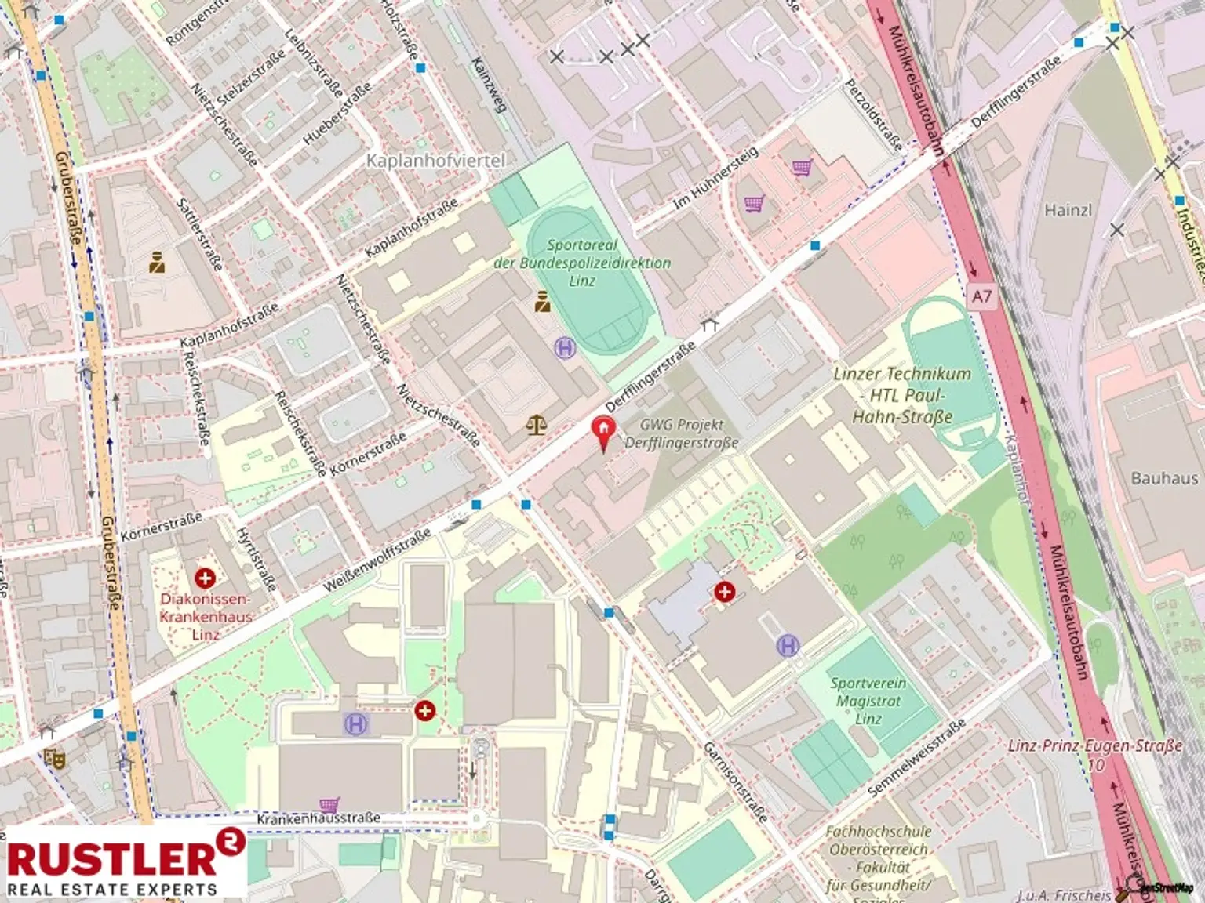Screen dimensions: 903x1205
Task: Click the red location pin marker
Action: point(603,432)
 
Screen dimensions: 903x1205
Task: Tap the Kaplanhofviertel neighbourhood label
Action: point(436,161)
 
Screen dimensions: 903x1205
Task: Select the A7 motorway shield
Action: point(981,296)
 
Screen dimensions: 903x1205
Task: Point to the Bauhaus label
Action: point(1164,478)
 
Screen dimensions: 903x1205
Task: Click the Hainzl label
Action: point(1068,210)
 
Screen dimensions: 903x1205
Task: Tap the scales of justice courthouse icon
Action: point(537,426)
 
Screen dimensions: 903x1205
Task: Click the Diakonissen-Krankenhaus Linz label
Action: point(206,616)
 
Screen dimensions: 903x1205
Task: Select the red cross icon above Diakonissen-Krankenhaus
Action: point(206,578)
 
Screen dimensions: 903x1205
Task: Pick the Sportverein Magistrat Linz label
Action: point(868,701)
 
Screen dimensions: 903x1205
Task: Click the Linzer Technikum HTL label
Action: point(902,395)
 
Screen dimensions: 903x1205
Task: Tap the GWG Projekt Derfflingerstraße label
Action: point(681,433)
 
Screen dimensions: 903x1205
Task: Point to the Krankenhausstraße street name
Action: point(319,818)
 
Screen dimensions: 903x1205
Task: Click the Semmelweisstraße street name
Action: point(916,760)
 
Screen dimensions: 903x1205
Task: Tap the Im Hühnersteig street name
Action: point(715,180)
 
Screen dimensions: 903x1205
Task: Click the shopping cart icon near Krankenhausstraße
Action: point(329,804)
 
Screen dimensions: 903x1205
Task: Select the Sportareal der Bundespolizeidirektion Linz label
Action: point(582,263)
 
